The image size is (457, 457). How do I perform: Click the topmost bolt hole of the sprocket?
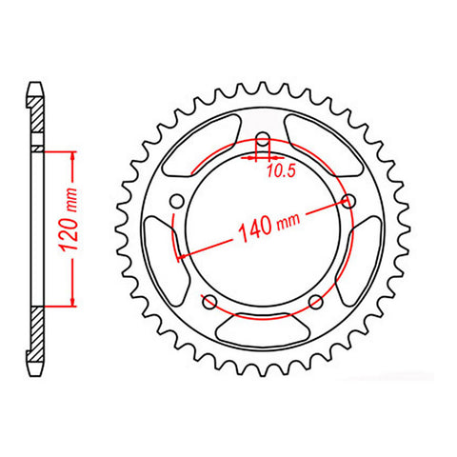[261, 142]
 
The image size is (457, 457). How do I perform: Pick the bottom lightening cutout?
[263, 328]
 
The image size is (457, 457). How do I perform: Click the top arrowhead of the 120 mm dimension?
[72, 154]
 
